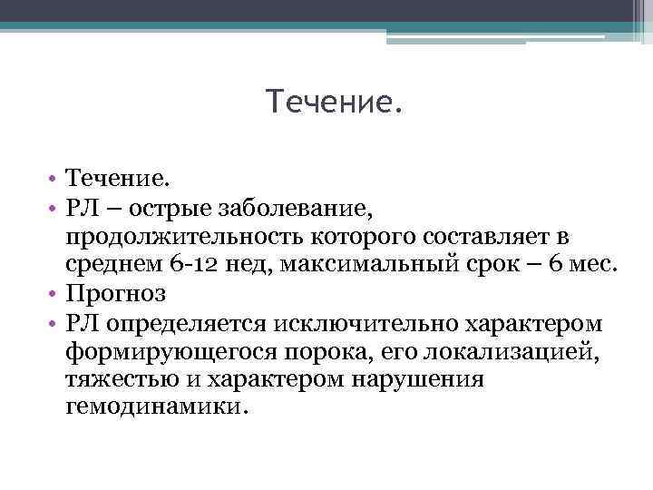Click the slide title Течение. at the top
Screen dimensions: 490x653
[x=333, y=102]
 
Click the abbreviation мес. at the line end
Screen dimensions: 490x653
[x=592, y=265]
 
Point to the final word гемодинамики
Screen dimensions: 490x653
[x=153, y=407]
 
